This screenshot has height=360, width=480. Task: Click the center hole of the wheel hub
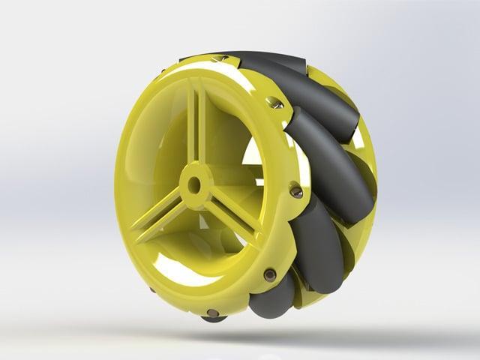pos(193,184)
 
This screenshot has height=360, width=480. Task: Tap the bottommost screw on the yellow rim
pos(213,313)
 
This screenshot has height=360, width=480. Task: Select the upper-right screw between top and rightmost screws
pos(277,103)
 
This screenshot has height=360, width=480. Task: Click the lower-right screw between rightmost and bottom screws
pos(269,275)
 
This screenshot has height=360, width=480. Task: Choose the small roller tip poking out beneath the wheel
pos(213,319)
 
